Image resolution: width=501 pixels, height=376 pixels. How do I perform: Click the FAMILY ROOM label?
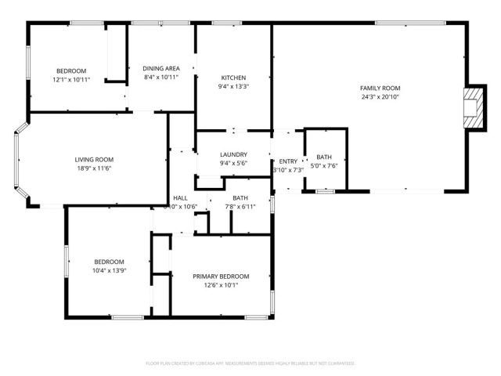click(x=380, y=89)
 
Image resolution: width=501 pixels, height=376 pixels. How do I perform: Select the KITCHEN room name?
click(x=233, y=78)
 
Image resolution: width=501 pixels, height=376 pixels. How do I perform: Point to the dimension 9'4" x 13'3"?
click(x=233, y=87)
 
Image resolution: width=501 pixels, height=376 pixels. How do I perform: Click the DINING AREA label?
click(x=161, y=68)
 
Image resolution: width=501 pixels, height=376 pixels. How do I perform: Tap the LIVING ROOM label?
click(x=94, y=159)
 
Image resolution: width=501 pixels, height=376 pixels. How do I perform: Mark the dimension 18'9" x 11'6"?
click(x=94, y=168)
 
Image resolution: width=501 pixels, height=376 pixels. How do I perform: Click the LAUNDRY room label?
click(x=233, y=154)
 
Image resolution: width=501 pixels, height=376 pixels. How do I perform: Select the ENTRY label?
click(x=288, y=161)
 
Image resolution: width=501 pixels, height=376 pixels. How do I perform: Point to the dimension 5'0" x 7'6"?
click(x=324, y=166)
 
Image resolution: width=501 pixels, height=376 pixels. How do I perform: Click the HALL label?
click(x=180, y=197)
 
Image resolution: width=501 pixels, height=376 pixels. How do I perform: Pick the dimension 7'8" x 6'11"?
click(x=240, y=207)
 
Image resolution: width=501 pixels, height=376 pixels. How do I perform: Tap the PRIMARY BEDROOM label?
click(x=222, y=277)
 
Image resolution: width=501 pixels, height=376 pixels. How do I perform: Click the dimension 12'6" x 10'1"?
click(x=222, y=286)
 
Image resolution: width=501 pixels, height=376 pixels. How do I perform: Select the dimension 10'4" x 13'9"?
click(x=110, y=270)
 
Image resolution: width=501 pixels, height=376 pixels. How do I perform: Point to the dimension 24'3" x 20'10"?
click(x=380, y=98)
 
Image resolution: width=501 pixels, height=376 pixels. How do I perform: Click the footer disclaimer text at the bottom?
click(x=250, y=363)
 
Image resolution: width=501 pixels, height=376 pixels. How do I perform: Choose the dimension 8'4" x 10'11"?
click(x=161, y=78)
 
